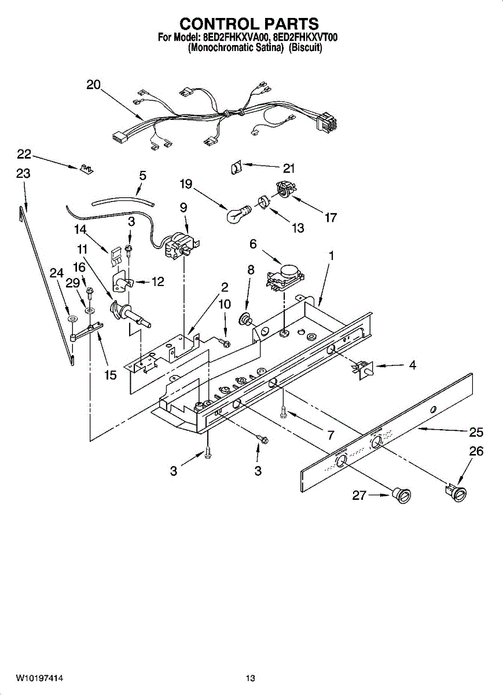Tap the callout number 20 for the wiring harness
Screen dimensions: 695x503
(93, 85)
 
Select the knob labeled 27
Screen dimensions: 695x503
(401, 495)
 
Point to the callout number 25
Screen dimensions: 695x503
(476, 432)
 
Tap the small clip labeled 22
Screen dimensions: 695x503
(86, 169)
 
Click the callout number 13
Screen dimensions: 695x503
(298, 228)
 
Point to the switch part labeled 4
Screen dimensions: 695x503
(362, 367)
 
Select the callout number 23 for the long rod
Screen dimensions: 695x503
(23, 173)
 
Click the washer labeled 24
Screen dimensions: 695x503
(72, 319)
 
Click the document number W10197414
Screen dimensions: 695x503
(39, 678)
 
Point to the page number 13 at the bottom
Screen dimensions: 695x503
(250, 678)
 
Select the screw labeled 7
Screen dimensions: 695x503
(284, 411)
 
